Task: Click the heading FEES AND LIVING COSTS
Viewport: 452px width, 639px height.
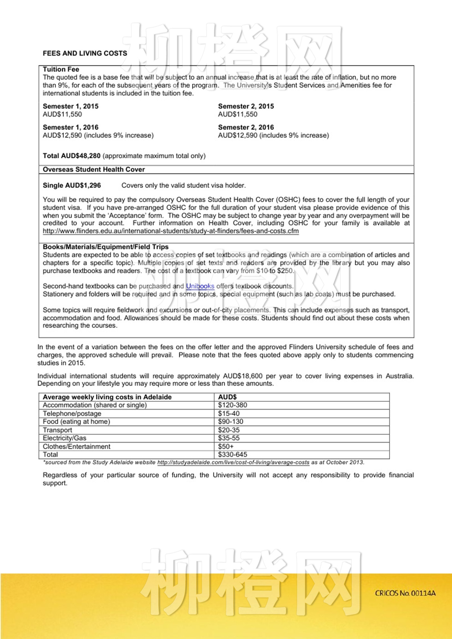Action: (x=85, y=53)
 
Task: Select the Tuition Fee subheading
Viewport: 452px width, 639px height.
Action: (x=61, y=69)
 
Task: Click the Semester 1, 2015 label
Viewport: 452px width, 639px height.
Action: (x=70, y=106)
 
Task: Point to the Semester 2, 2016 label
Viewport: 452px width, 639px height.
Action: (x=246, y=127)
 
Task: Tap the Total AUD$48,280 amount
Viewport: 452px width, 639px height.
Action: (x=72, y=156)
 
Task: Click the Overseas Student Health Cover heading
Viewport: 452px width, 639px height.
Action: (x=94, y=169)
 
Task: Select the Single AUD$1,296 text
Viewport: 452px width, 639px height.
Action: (x=72, y=186)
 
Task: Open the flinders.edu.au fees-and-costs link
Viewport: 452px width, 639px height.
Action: (x=170, y=231)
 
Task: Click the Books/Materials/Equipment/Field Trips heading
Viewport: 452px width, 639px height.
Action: (x=106, y=247)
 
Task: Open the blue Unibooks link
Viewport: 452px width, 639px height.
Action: (x=200, y=286)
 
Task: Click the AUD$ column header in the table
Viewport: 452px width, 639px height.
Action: (x=227, y=397)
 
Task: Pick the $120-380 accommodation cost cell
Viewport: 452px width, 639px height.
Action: (x=232, y=405)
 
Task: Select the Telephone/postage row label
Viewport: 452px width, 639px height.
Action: (x=72, y=414)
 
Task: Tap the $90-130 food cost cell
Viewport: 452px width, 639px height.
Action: (x=231, y=422)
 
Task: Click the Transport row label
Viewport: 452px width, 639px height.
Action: (x=57, y=430)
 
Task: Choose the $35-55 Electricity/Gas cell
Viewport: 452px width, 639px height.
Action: (x=229, y=438)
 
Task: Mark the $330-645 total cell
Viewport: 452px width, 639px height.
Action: (x=232, y=455)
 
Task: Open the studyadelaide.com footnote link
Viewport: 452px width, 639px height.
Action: (x=233, y=462)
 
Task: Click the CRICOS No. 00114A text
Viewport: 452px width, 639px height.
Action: (x=405, y=593)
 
